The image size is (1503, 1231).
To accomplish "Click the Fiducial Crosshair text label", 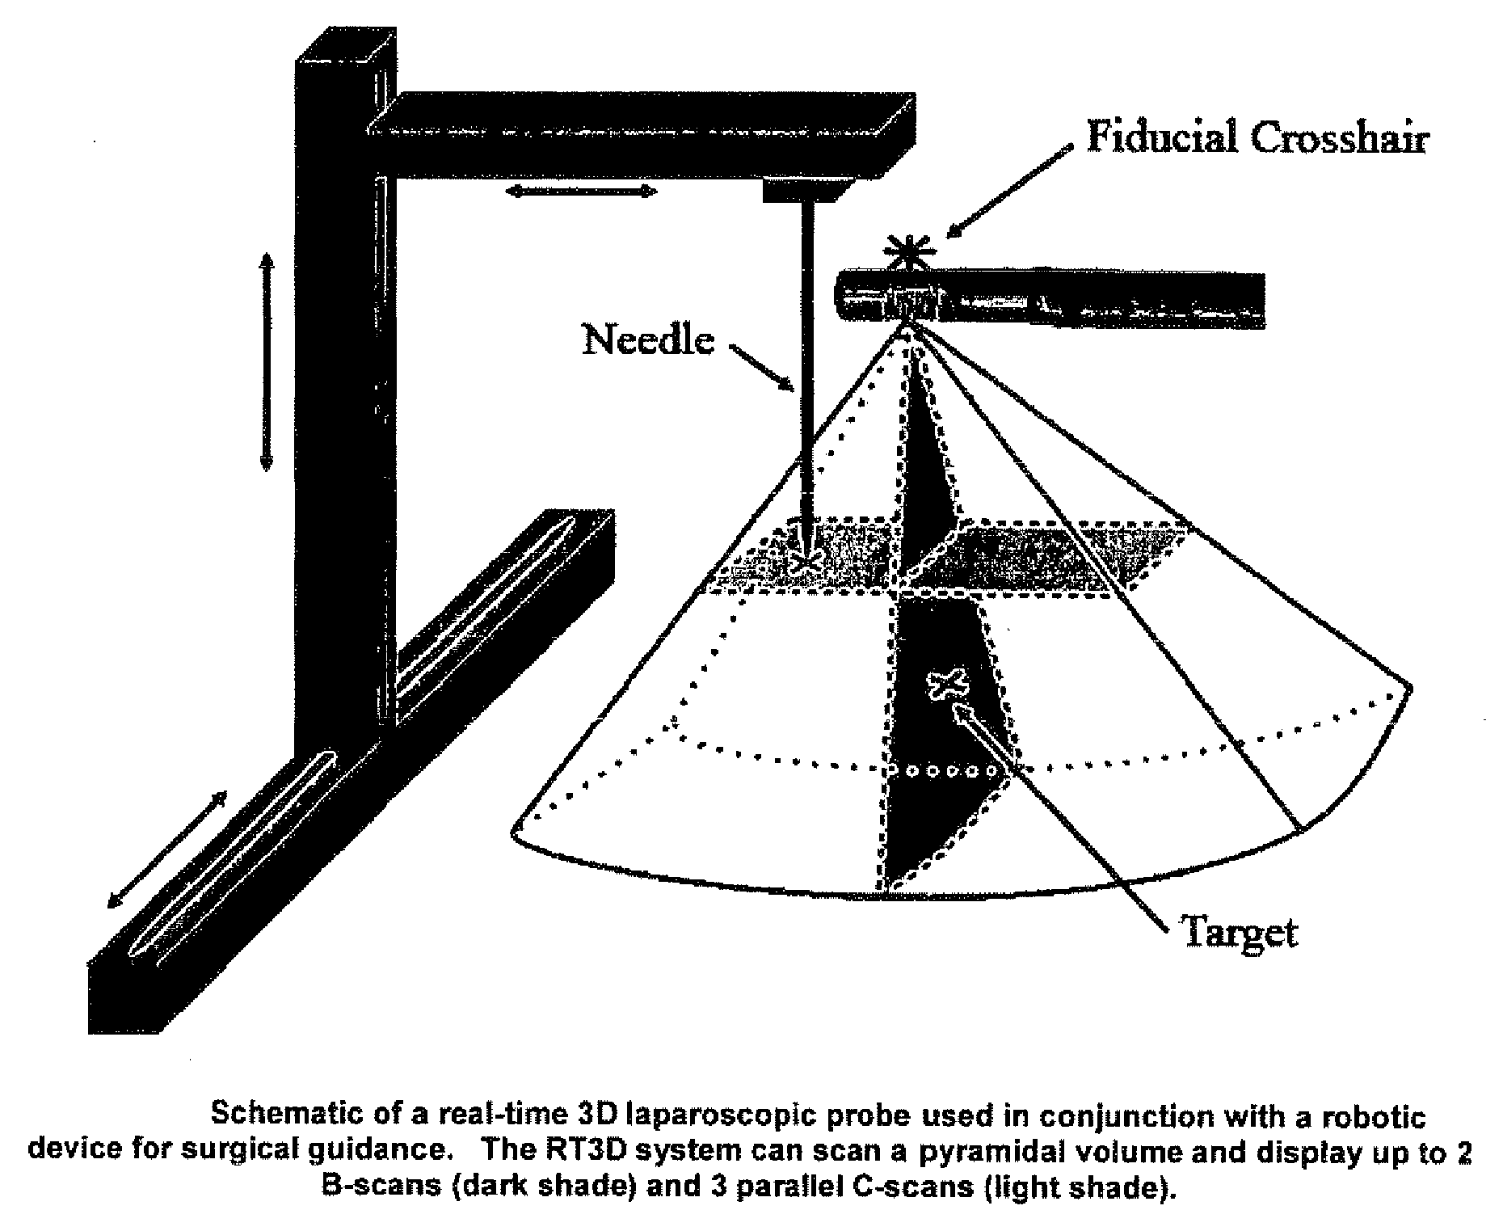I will point(1257,138).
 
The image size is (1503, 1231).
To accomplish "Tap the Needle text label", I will point(649,339).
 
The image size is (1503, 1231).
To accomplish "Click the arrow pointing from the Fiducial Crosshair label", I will point(1009,191).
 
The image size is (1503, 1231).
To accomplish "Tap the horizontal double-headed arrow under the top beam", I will point(581,192).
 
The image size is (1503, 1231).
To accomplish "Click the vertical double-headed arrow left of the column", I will point(266,360).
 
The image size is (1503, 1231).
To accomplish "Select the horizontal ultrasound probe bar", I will point(1050,299).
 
